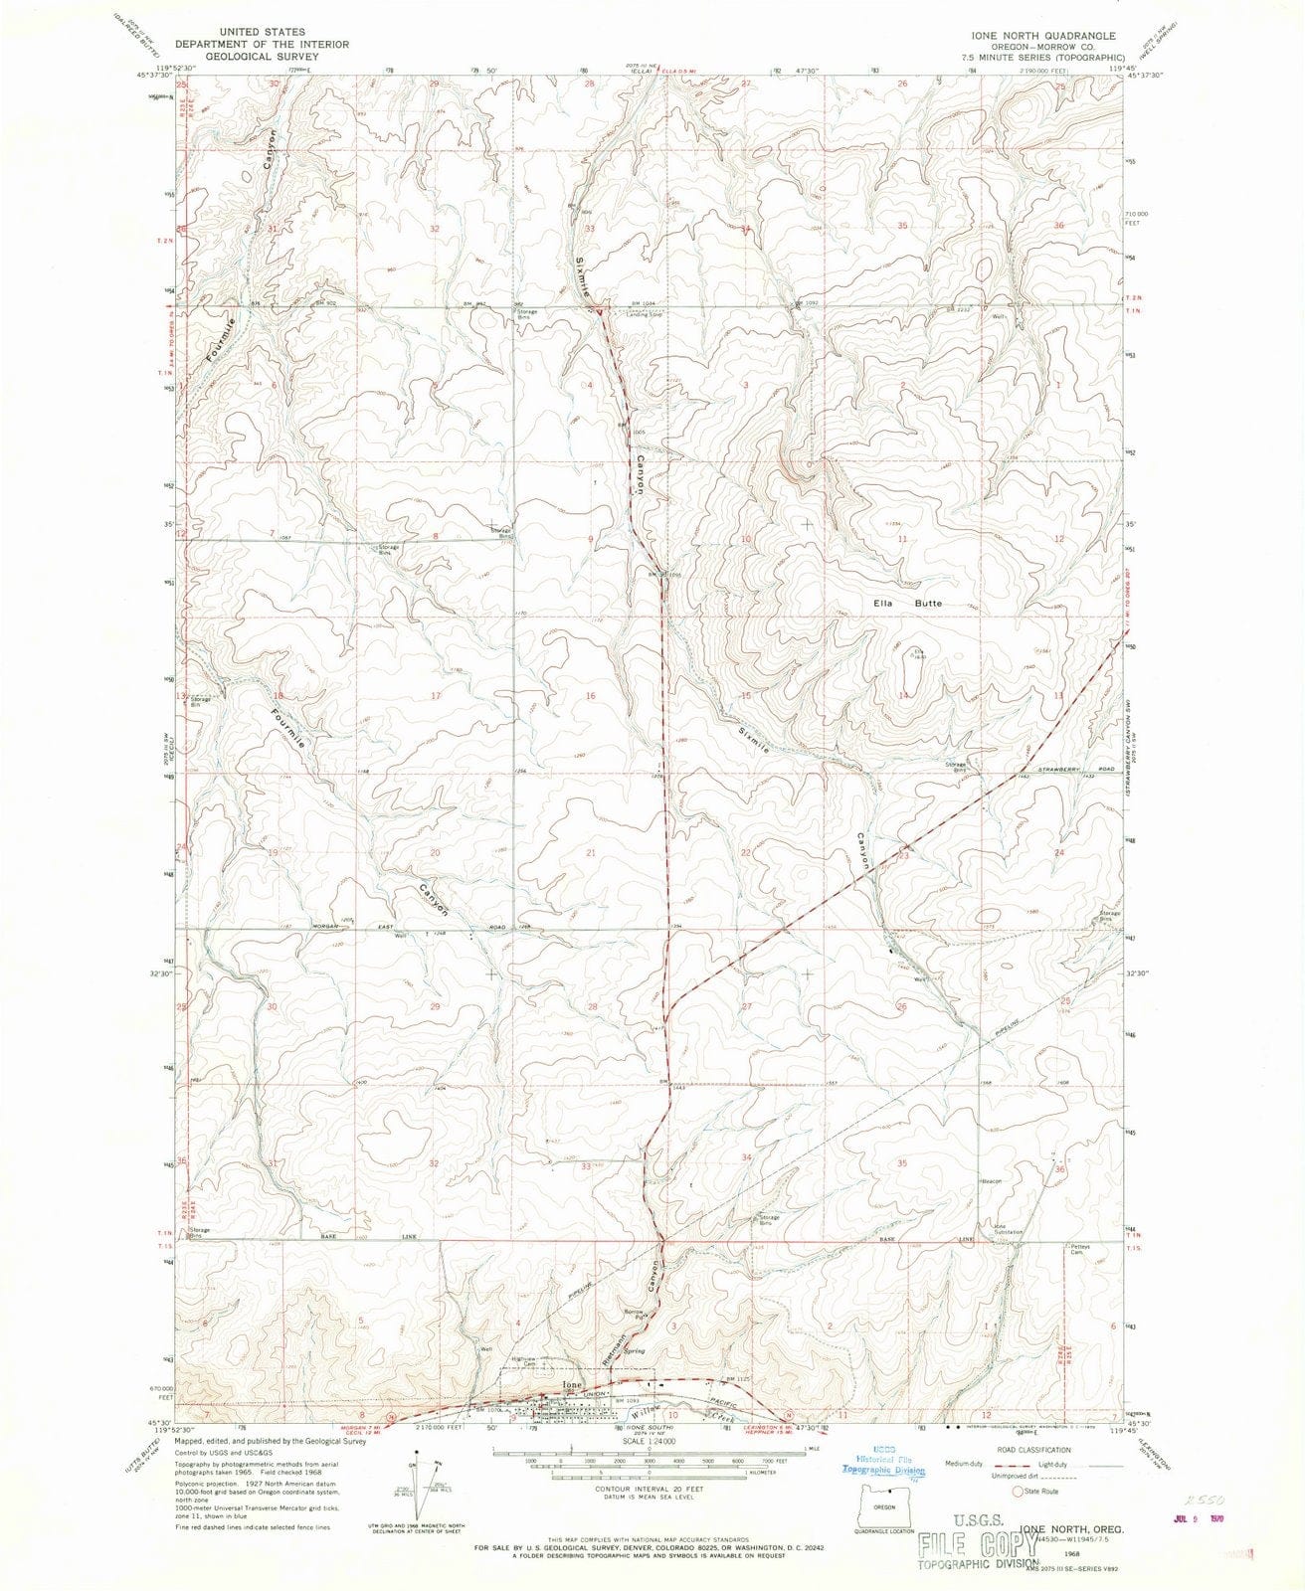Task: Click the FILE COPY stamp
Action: (x=972, y=1545)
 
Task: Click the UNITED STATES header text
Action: (x=262, y=33)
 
